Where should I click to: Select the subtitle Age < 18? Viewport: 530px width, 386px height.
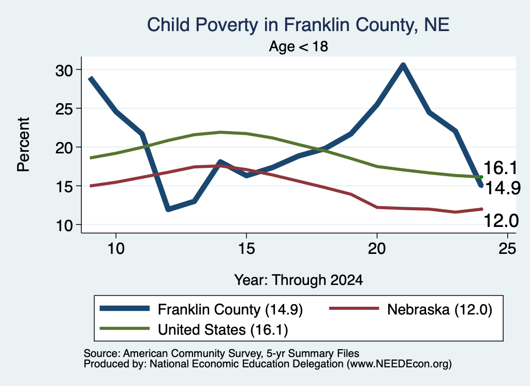tap(299, 46)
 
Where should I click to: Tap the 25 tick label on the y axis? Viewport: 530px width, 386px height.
tap(64, 109)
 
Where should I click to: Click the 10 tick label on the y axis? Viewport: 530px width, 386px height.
tap(64, 225)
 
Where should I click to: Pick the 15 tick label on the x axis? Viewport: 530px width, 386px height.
tap(246, 249)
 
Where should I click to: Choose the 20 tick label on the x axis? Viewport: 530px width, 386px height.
tap(377, 249)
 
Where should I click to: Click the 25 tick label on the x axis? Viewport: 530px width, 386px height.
tap(507, 249)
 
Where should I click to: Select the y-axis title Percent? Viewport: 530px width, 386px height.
tap(24, 145)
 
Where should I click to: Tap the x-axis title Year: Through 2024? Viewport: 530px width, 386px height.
tap(299, 280)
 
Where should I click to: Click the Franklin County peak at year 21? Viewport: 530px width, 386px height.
tap(403, 65)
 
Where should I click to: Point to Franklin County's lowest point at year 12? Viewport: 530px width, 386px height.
tap(168, 209)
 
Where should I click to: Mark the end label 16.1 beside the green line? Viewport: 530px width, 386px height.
tap(500, 168)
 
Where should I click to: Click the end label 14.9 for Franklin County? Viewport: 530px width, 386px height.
tap(503, 188)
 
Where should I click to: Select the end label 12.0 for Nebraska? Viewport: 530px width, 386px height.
tap(501, 221)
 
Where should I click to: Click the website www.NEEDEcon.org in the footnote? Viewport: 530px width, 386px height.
tap(399, 364)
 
